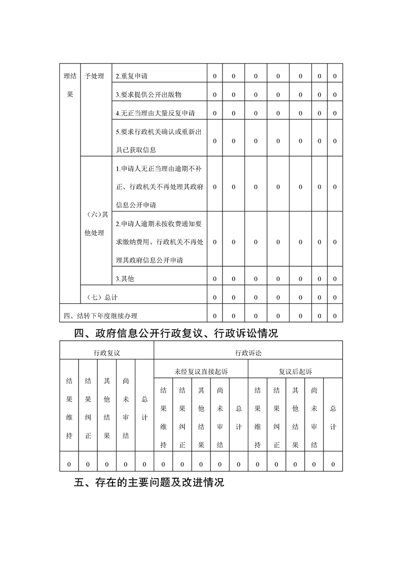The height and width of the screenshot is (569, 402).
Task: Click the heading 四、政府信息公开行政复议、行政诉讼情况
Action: tap(176, 334)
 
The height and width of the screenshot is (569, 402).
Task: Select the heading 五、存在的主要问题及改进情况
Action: tap(149, 482)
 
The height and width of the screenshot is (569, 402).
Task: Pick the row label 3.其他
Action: tap(125, 279)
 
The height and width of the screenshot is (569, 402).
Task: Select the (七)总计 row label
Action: tap(102, 297)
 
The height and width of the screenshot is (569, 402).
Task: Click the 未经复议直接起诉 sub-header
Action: tap(201, 372)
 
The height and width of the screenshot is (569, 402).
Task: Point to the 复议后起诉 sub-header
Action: tap(295, 372)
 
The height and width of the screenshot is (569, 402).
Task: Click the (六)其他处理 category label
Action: tap(95, 224)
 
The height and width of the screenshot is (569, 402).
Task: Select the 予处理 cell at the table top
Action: tap(94, 77)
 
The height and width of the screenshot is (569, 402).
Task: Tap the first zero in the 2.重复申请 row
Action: tap(214, 77)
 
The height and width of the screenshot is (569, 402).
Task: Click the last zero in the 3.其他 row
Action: tap(335, 279)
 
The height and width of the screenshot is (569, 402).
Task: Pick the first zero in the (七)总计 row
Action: tap(214, 297)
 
